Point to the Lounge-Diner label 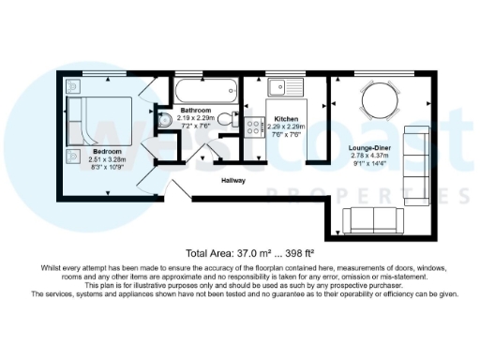[372, 149]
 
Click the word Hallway [233, 180]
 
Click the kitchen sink [277, 91]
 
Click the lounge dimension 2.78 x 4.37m [373, 157]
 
